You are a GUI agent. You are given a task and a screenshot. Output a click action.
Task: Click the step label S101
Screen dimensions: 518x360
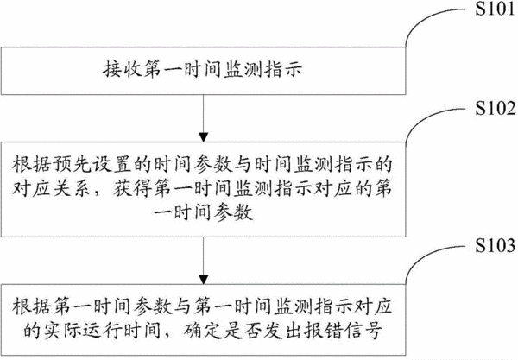(x=495, y=9)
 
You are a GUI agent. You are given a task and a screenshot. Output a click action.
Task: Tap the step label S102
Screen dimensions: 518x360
(x=496, y=108)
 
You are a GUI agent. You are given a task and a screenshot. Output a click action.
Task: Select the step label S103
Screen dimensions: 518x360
(x=496, y=245)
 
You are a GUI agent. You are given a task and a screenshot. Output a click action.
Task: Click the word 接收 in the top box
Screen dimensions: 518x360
(x=122, y=70)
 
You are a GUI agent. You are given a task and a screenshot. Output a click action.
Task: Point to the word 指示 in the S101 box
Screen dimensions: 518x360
(x=283, y=70)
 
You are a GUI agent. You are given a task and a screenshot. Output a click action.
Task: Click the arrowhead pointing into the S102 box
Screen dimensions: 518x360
(x=204, y=137)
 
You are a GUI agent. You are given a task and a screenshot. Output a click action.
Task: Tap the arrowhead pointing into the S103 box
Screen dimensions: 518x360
(x=204, y=279)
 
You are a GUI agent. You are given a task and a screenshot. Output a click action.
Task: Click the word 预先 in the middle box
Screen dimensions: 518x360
(x=72, y=164)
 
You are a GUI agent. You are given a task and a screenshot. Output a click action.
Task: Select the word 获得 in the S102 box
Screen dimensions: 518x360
(x=132, y=188)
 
